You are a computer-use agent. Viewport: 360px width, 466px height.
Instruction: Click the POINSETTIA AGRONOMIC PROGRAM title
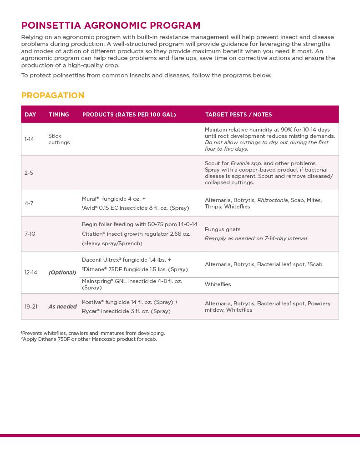111,25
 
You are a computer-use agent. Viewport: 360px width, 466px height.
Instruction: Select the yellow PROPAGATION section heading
53,96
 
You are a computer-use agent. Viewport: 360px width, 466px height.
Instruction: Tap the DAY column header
30,115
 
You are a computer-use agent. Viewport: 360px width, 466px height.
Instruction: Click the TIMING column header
59,115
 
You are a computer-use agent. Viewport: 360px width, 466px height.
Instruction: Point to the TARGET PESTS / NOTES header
238,115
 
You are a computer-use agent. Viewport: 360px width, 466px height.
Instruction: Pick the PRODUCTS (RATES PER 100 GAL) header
129,115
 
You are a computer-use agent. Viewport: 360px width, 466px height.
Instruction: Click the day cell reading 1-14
29,139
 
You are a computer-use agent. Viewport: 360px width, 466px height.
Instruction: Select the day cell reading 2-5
29,173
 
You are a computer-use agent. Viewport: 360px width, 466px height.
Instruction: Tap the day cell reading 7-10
30,234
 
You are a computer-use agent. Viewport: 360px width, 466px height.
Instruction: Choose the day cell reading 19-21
30,307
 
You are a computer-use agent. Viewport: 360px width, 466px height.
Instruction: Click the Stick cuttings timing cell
59,139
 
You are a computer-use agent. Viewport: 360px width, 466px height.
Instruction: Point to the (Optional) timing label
62,273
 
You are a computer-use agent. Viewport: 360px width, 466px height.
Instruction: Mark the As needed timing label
62,307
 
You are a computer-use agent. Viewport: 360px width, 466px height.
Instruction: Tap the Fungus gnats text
223,229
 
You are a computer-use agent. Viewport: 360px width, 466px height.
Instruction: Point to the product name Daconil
92,260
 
